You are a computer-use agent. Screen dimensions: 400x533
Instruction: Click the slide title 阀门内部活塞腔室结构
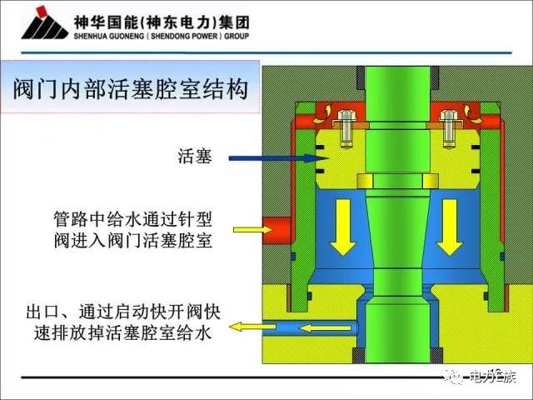(x=132, y=87)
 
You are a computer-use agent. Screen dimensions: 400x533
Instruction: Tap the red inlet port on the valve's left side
(x=279, y=227)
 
